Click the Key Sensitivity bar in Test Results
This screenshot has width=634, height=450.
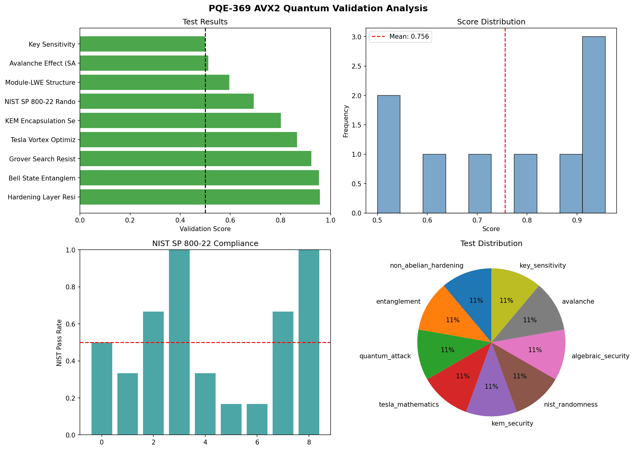(142, 44)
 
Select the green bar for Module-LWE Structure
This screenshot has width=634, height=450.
(154, 82)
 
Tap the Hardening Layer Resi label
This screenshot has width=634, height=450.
(41, 197)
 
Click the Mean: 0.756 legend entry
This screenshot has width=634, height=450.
(400, 37)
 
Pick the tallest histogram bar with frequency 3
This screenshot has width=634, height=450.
(593, 124)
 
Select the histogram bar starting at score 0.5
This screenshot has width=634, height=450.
(389, 154)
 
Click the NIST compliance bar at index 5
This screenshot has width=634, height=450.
(231, 419)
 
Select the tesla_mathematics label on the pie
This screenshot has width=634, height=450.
(409, 405)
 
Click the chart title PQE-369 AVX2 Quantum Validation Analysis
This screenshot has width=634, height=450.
(318, 8)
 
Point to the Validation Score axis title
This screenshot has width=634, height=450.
(205, 229)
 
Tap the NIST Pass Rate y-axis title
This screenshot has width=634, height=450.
(59, 342)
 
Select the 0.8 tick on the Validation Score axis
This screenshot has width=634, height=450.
(280, 220)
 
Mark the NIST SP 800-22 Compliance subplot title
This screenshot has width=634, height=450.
(205, 243)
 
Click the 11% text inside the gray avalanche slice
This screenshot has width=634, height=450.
(530, 320)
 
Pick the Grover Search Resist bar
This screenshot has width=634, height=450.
(195, 159)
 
